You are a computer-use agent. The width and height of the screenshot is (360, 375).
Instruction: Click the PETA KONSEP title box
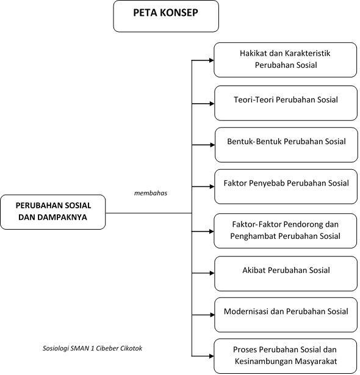pyautogui.click(x=166, y=16)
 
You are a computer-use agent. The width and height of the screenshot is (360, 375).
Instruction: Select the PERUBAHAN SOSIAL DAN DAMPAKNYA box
pyautogui.click(x=53, y=212)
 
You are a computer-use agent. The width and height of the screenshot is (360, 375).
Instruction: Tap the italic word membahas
pyautogui.click(x=151, y=193)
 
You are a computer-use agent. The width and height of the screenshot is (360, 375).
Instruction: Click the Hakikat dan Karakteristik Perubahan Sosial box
pyautogui.click(x=285, y=60)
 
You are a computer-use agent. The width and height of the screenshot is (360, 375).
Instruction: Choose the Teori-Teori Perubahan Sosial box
pyautogui.click(x=286, y=103)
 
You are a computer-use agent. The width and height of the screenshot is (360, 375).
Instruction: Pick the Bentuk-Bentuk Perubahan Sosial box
pyautogui.click(x=286, y=145)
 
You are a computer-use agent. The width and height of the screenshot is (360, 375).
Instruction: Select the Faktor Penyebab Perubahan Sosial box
pyautogui.click(x=286, y=186)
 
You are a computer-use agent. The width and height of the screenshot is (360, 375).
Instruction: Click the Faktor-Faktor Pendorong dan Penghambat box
pyautogui.click(x=285, y=231)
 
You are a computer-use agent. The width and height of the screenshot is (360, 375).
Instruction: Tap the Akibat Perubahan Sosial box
pyautogui.click(x=286, y=274)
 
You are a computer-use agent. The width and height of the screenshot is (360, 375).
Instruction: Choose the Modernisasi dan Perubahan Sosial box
pyautogui.click(x=286, y=315)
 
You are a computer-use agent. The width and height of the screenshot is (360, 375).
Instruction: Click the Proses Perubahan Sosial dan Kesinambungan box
pyautogui.click(x=285, y=356)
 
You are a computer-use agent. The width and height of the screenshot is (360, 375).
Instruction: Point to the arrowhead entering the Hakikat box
pyautogui.click(x=211, y=60)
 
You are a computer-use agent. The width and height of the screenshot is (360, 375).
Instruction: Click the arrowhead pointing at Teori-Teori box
pyautogui.click(x=212, y=104)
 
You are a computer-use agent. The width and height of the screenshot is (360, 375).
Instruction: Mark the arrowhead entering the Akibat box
pyautogui.click(x=212, y=273)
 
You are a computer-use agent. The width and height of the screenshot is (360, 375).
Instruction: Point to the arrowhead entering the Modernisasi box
pyautogui.click(x=212, y=315)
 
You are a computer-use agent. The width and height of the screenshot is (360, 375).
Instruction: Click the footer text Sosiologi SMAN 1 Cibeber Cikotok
pyautogui.click(x=92, y=348)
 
